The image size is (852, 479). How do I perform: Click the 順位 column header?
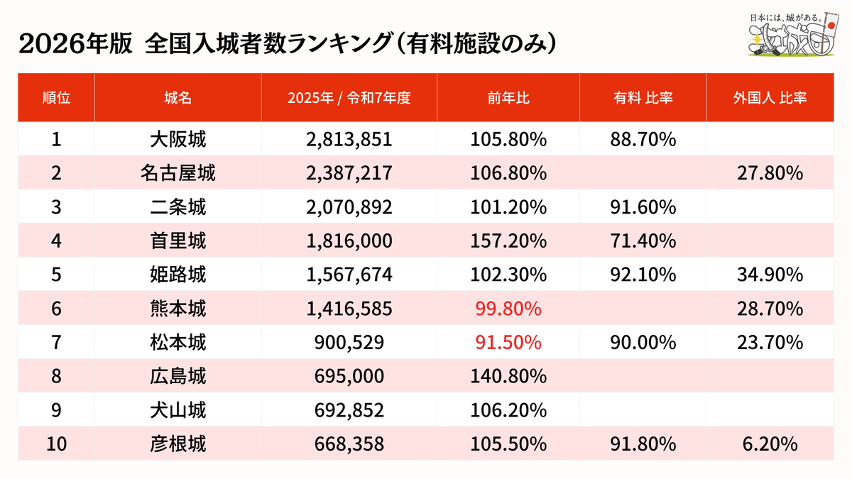click(56, 98)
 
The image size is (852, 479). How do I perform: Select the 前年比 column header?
click(508, 98)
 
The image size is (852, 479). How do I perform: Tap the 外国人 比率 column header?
click(770, 98)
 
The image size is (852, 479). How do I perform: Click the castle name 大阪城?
click(178, 139)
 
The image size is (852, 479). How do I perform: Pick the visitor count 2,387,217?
click(349, 173)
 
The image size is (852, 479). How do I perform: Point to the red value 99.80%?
click(508, 308)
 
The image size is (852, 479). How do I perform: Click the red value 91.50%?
click(508, 342)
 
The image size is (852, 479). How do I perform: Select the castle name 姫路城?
click(178, 275)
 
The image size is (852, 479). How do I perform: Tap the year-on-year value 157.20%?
click(508, 241)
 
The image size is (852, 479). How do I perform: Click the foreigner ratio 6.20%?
click(770, 444)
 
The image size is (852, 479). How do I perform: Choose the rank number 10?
click(56, 444)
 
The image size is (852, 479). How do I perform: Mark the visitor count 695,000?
click(349, 376)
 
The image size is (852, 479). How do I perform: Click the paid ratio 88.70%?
click(643, 139)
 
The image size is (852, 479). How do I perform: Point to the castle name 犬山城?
click(178, 410)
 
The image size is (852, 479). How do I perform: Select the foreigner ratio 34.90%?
click(770, 275)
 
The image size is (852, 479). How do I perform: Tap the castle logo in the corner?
click(794, 35)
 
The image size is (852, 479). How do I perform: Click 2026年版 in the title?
click(75, 43)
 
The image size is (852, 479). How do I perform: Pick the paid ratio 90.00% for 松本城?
click(643, 342)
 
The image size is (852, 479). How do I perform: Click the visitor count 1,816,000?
click(349, 241)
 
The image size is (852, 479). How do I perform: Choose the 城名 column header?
click(178, 98)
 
